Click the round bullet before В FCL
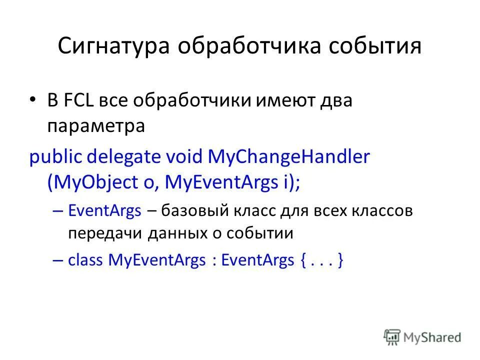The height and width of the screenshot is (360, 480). [x=33, y=100]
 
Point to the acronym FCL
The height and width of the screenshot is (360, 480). [x=78, y=100]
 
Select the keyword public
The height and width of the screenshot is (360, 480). [x=56, y=157]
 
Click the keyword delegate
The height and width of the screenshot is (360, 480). [x=124, y=157]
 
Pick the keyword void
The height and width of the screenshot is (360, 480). [x=184, y=157]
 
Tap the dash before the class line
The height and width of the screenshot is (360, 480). [x=57, y=260]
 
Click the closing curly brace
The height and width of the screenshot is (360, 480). [x=340, y=260]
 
